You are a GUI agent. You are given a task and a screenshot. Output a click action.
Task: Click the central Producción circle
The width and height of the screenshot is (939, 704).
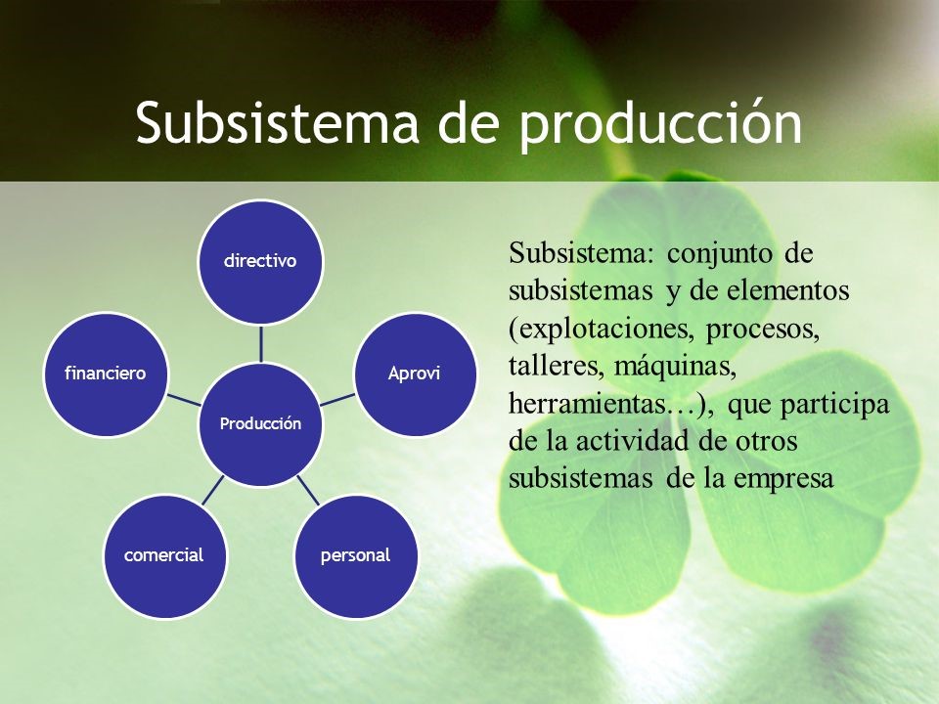(x=260, y=423)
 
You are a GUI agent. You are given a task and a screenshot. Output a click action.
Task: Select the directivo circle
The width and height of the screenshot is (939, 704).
(x=260, y=262)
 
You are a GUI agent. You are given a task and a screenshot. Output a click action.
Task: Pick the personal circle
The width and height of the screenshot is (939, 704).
(x=355, y=555)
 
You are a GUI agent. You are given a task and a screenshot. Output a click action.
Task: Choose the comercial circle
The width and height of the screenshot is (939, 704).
(x=164, y=555)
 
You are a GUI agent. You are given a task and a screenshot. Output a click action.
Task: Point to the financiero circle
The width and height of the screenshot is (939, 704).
(x=106, y=374)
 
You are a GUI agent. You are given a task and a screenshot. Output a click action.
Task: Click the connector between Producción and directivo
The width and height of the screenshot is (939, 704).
(x=260, y=343)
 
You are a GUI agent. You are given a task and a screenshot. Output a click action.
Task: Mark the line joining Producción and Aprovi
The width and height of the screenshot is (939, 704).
(x=336, y=399)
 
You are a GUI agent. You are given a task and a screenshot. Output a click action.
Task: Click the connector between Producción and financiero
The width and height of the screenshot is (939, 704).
(x=183, y=399)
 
